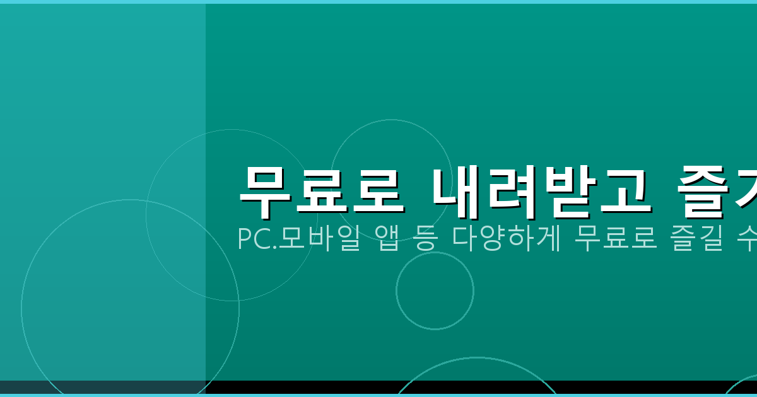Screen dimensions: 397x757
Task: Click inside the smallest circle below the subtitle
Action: (435, 291)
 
